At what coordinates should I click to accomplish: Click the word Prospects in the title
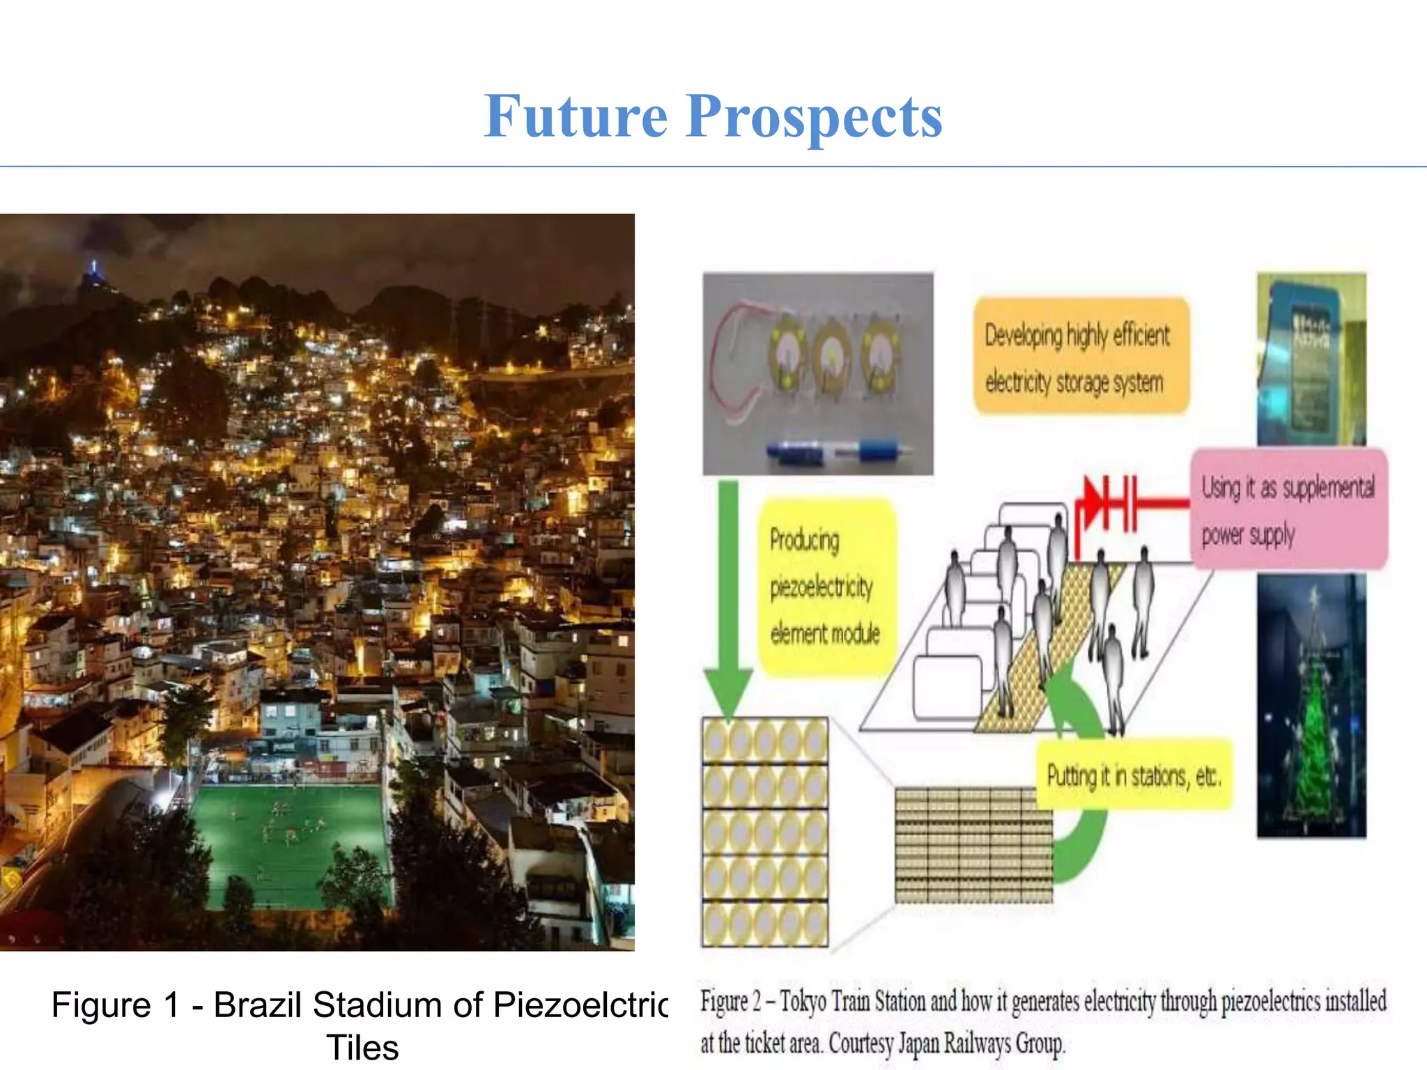(x=814, y=118)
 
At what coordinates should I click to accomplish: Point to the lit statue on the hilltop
(x=94, y=271)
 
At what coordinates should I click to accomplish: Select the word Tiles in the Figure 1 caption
(x=362, y=1048)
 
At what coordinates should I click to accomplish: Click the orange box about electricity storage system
(x=1080, y=357)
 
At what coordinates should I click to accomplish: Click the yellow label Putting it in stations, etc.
(x=1134, y=775)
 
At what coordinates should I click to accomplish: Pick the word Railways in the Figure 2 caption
(x=978, y=1044)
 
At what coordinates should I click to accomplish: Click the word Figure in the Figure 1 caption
(x=101, y=1005)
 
